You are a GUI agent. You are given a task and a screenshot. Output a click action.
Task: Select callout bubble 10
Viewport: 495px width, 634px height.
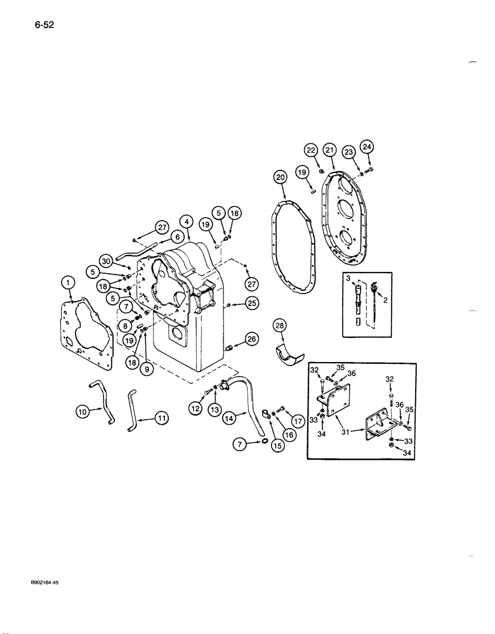click(82, 412)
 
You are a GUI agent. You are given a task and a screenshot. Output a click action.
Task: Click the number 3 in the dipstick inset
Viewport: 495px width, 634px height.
click(348, 279)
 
